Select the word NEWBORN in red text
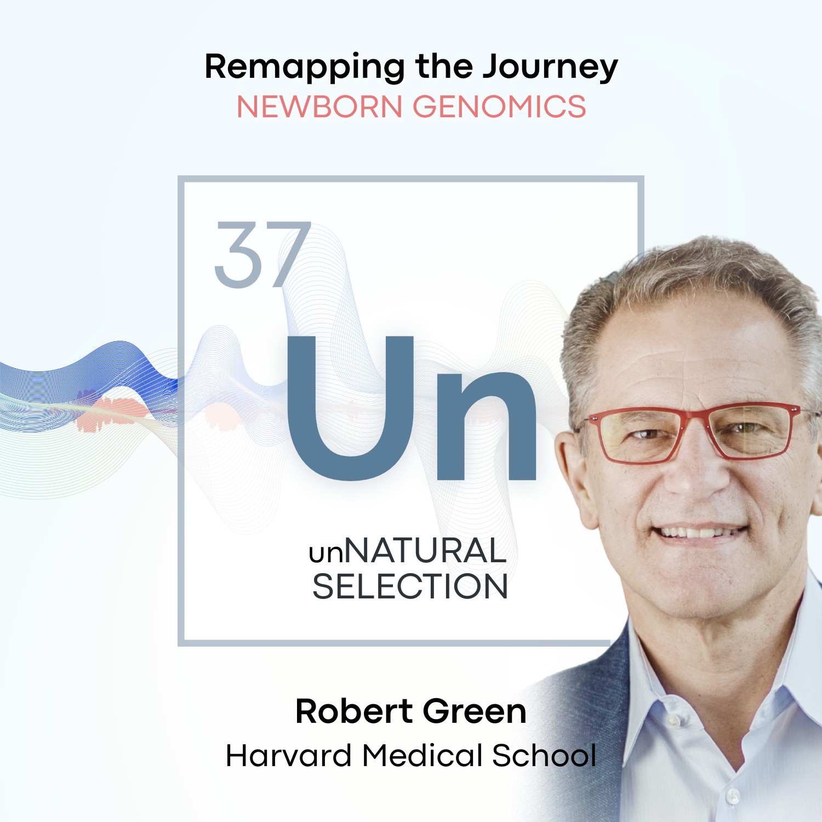pos(319,107)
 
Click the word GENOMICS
pos(499,107)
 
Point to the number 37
pos(262,254)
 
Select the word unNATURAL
pos(408,551)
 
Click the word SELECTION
pos(410,587)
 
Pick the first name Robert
pos(354,711)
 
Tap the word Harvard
pos(288,756)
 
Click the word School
pos(544,756)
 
